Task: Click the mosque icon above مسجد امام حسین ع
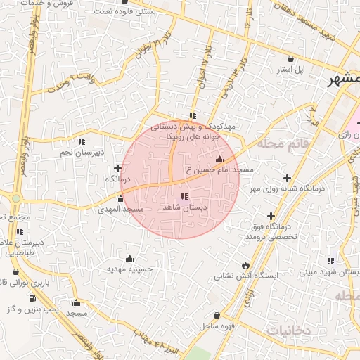(x=219, y=159)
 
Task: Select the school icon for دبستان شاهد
(x=184, y=196)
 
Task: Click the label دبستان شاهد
(x=184, y=207)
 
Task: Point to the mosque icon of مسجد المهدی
(x=120, y=198)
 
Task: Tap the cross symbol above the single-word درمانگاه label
(x=117, y=168)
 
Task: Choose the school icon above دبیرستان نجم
(x=83, y=141)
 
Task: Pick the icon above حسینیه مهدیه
(x=129, y=258)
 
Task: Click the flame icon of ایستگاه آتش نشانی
(x=245, y=265)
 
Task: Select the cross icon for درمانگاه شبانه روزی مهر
(x=286, y=178)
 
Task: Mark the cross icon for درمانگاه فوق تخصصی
(x=271, y=216)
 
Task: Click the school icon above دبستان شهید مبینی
(x=330, y=261)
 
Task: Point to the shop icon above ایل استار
(x=290, y=59)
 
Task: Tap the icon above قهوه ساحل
(x=217, y=316)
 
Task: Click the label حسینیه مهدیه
(x=129, y=269)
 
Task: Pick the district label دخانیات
(x=290, y=329)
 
